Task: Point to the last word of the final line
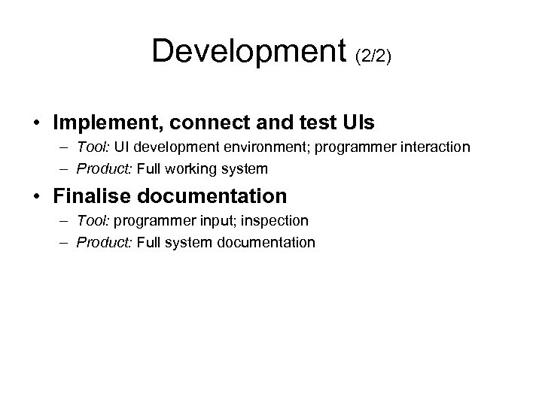pos(260,242)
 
